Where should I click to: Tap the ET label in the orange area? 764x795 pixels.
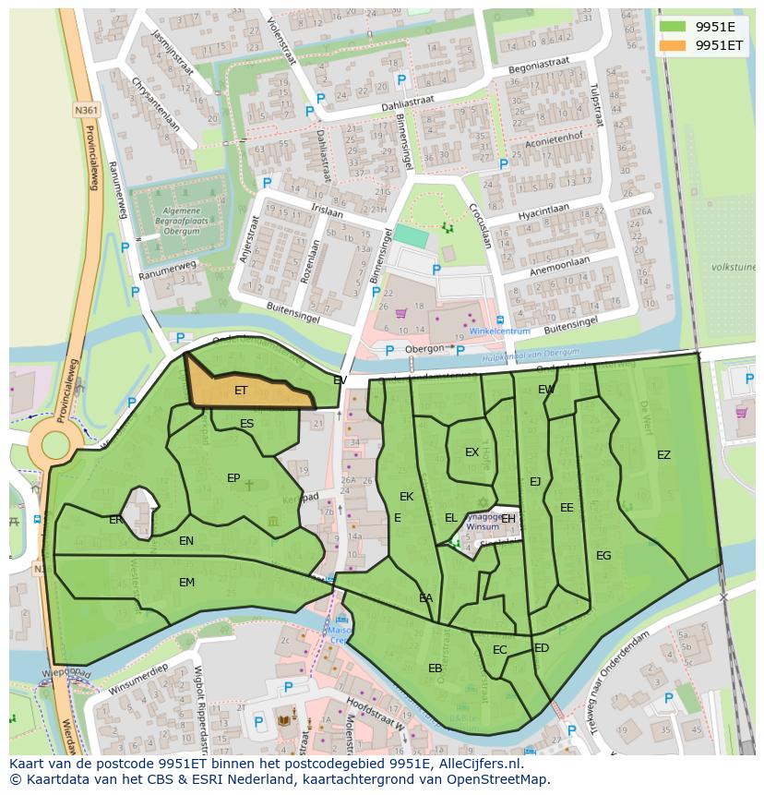241,391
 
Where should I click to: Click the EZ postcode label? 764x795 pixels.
663,454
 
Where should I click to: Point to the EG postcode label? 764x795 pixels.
603,555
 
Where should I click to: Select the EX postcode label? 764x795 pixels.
472,452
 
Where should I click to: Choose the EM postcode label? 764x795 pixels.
186,582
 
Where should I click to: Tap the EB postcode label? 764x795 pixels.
436,668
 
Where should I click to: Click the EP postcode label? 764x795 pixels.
233,477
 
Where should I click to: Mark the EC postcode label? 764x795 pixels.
499,650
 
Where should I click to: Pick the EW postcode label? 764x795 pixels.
546,390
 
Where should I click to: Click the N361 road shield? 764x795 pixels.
86,110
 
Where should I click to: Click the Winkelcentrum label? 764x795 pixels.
499,331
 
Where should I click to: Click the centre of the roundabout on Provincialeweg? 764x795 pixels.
54,445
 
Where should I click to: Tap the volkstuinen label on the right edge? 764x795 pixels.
734,267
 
